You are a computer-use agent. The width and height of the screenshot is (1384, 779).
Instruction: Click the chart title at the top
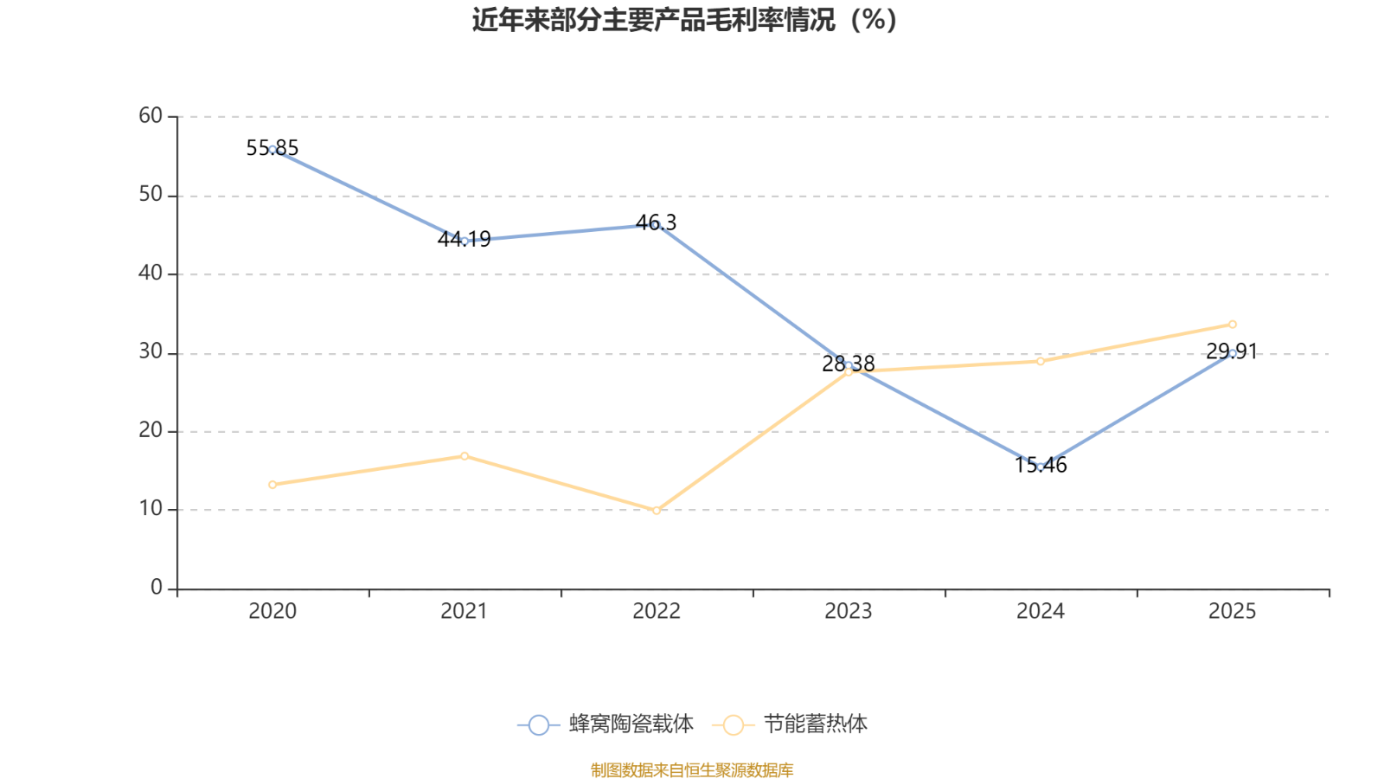(x=684, y=20)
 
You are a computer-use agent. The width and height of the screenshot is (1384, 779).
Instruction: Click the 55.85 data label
(x=272, y=148)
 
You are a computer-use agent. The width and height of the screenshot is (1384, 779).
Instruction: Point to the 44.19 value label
(x=464, y=239)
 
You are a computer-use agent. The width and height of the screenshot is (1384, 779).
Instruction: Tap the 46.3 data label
(x=657, y=222)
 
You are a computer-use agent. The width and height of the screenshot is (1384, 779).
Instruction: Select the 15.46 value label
(x=1041, y=465)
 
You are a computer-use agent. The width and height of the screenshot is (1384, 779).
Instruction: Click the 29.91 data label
(x=1232, y=351)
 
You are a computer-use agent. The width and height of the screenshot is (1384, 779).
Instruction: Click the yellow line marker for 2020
(x=272, y=485)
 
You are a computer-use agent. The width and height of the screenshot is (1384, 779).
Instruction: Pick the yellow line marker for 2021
(x=465, y=456)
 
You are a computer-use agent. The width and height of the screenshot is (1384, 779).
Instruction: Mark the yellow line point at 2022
(x=657, y=511)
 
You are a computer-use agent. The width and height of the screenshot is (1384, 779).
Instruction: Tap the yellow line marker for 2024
(x=1041, y=361)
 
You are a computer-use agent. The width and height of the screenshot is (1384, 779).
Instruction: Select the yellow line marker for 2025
(x=1232, y=325)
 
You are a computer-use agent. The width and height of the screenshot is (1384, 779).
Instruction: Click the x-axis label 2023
(x=849, y=611)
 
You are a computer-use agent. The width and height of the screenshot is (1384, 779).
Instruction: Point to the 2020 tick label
(x=272, y=611)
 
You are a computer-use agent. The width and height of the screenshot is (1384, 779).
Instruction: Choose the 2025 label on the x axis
(x=1232, y=611)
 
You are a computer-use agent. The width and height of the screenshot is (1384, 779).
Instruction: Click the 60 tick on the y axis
(x=151, y=116)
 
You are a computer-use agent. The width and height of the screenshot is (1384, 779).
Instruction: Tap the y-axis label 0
(x=157, y=588)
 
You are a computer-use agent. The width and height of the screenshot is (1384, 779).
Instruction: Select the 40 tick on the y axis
(x=151, y=274)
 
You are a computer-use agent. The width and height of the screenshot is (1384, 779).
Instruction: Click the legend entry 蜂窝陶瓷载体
(x=605, y=724)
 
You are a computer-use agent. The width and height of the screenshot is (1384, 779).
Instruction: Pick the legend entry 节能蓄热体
(x=791, y=724)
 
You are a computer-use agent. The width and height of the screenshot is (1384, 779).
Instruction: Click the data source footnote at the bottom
(x=692, y=769)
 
